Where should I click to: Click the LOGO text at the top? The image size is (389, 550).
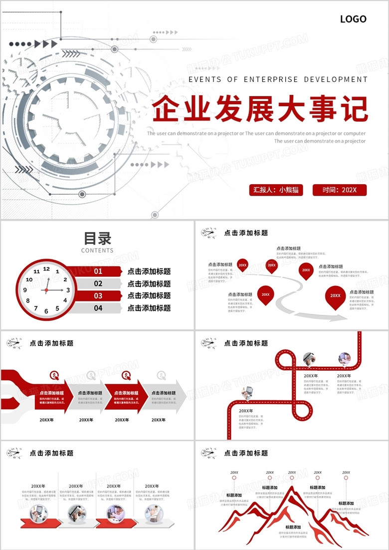(353, 19)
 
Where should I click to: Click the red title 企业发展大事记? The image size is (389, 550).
(259, 109)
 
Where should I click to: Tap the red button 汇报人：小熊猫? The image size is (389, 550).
(276, 190)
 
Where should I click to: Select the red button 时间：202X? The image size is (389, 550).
(340, 190)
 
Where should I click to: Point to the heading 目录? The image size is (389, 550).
(97, 238)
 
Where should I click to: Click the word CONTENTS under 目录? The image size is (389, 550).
(97, 251)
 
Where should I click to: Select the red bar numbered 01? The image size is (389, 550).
(98, 272)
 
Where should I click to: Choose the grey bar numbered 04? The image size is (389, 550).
(98, 308)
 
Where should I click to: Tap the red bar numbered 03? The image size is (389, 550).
(98, 296)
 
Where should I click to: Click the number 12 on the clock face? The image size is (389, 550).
(46, 269)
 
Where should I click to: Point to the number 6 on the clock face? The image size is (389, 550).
(46, 311)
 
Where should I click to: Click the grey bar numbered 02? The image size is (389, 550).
(98, 283)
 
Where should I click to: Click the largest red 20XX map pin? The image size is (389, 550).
(336, 296)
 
